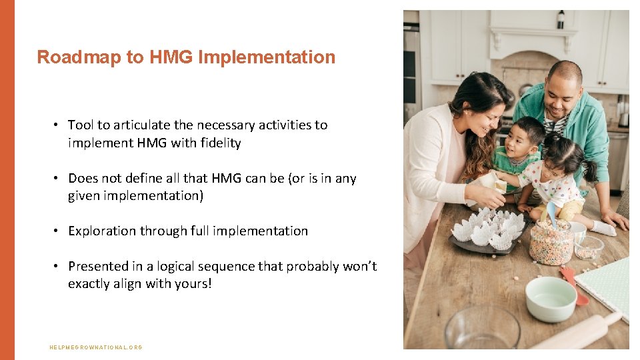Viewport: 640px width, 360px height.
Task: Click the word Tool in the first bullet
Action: tap(81, 125)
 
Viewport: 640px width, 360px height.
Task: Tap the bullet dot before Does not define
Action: tap(59, 178)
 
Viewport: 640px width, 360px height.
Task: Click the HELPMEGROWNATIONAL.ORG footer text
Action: tap(96, 347)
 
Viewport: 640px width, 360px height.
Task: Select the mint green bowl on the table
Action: tap(551, 299)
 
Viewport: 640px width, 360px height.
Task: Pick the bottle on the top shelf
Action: tap(561, 20)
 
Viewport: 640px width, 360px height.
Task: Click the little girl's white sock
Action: tap(604, 228)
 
